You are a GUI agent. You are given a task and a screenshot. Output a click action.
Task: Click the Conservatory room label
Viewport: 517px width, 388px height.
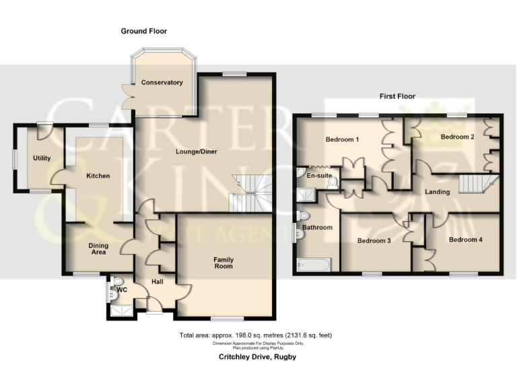tap(162, 83)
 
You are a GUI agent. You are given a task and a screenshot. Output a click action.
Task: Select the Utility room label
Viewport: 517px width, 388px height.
tap(42, 158)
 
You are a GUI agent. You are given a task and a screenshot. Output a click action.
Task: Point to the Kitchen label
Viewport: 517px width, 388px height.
tap(98, 176)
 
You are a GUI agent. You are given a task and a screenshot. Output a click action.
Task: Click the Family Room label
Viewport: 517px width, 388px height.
tap(223, 263)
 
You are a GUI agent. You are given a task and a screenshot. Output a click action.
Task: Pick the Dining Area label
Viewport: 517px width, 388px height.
tap(98, 249)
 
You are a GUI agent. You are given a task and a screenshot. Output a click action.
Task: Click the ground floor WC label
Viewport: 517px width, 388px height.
tap(122, 290)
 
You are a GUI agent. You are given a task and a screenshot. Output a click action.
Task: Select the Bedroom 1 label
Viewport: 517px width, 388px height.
tap(342, 140)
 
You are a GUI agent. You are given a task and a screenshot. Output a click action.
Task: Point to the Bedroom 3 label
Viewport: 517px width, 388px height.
tap(374, 240)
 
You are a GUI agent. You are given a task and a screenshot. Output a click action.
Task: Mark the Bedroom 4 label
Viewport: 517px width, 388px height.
tap(466, 240)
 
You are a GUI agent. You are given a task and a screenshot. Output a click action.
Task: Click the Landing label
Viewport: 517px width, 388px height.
tap(438, 193)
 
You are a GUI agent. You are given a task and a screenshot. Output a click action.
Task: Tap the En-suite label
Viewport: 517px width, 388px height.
tap(319, 176)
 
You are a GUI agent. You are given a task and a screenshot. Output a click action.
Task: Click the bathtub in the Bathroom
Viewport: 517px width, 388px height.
tap(314, 265)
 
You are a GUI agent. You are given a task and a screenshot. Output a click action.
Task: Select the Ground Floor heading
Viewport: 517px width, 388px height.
tap(144, 31)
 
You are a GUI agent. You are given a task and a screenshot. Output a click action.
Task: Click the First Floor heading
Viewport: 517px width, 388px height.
tap(397, 96)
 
